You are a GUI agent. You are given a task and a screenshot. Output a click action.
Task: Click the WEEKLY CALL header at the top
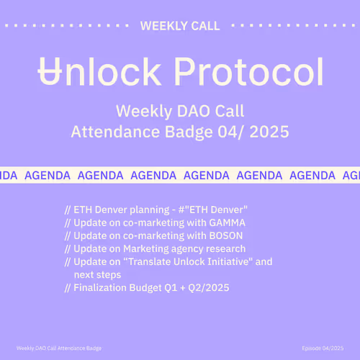click(x=180, y=26)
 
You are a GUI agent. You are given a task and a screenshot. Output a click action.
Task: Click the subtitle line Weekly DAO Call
click(x=180, y=112)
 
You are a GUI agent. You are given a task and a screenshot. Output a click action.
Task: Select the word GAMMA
click(x=226, y=222)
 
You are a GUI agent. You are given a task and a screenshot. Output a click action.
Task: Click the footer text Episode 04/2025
click(x=323, y=348)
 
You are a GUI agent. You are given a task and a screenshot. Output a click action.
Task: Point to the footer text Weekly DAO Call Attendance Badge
click(x=59, y=348)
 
